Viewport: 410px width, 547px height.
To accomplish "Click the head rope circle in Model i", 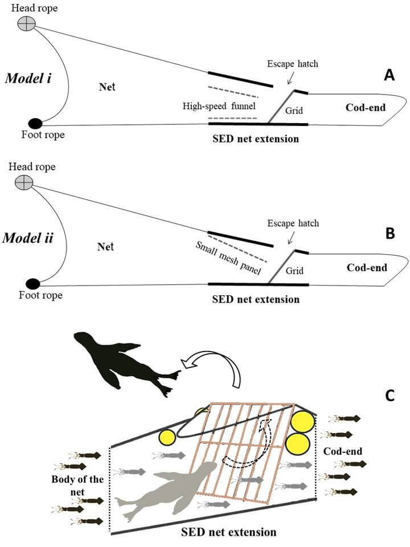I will point(26,23).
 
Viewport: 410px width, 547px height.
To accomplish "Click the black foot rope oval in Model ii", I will point(33,283).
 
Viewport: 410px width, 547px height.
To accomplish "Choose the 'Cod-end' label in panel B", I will point(366,267).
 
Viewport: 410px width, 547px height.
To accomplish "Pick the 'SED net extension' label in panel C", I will point(228,532).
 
